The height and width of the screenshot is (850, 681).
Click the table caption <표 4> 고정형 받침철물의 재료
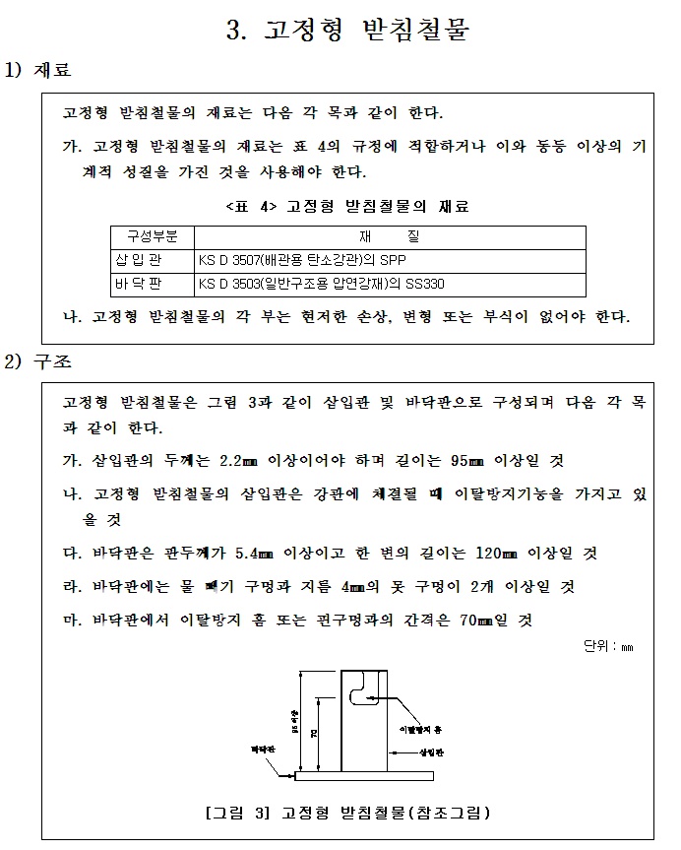point(347,207)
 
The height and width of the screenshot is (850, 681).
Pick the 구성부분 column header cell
point(153,236)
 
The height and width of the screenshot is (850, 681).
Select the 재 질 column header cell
point(390,236)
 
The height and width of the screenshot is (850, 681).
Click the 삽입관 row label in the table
point(152,260)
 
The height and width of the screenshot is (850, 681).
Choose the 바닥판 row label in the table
point(152,284)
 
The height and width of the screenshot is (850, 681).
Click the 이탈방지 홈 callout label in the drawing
point(426,729)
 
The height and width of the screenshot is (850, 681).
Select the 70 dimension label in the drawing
point(313,734)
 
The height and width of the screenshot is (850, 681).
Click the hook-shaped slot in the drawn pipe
point(364,687)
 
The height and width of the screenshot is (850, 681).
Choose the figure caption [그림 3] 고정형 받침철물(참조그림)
point(347,814)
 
